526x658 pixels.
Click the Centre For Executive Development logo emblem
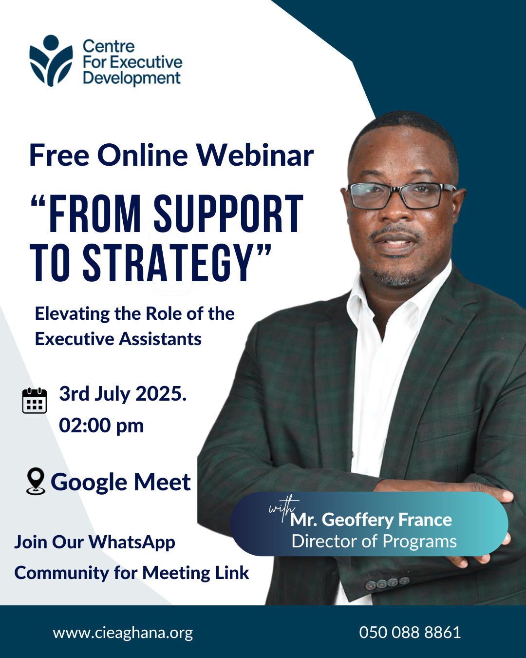[51, 61]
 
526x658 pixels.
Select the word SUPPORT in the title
[228, 214]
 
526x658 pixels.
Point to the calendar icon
[35, 401]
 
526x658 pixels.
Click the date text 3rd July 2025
[123, 394]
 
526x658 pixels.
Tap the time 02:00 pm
[101, 426]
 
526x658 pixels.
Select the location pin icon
[36, 481]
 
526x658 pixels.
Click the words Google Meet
[121, 482]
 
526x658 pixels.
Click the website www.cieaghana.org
[123, 633]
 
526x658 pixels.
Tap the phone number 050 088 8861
[410, 633]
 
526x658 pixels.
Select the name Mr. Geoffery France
[371, 520]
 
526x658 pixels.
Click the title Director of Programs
[374, 542]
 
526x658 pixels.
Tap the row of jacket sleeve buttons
[388, 583]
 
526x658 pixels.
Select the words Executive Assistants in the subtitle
[118, 339]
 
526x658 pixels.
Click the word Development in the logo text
[131, 78]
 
